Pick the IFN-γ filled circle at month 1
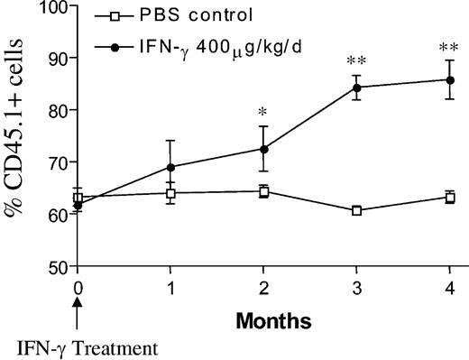pos(171,167)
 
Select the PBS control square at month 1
pos(171,193)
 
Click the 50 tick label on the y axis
pos(59,267)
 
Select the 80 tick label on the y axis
pos(59,110)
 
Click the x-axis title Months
pos(263,318)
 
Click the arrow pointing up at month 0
pos(78,312)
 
